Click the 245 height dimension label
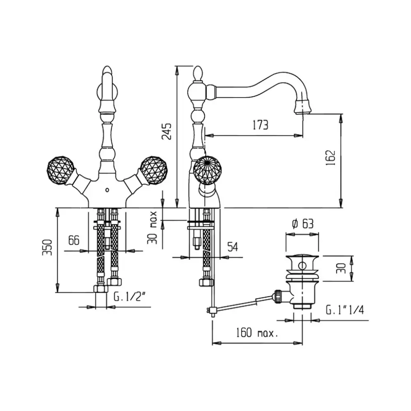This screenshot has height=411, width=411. pyautogui.click(x=167, y=131)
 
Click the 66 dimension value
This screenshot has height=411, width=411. pyautogui.click(x=74, y=240)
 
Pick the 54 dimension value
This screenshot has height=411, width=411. pyautogui.click(x=233, y=247)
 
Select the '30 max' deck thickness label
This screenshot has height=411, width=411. pyautogui.click(x=153, y=227)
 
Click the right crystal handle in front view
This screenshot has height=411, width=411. pyautogui.click(x=152, y=169)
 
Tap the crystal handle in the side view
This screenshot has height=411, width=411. pyautogui.click(x=208, y=169)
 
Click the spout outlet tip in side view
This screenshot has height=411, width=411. pyautogui.click(x=304, y=110)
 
